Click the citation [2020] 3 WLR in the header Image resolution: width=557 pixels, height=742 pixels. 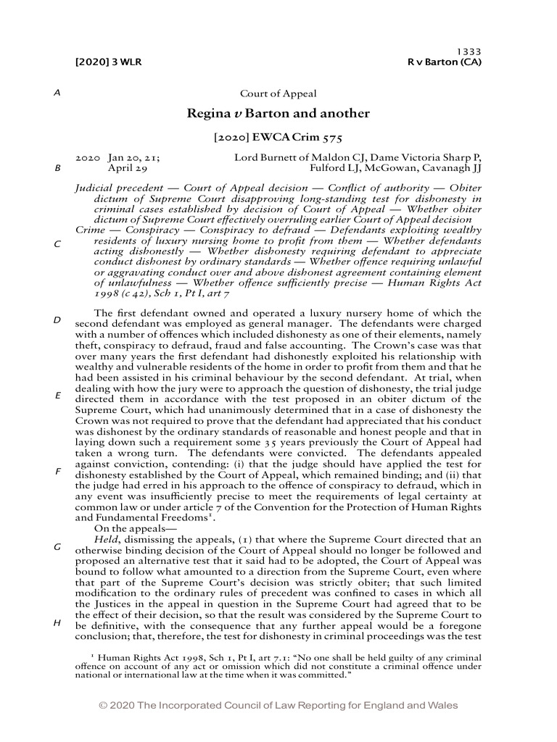click(x=108, y=62)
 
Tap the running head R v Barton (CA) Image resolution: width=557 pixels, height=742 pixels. click(x=445, y=62)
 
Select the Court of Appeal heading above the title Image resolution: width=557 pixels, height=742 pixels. click(x=278, y=93)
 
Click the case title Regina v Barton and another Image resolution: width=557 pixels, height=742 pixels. click(x=278, y=114)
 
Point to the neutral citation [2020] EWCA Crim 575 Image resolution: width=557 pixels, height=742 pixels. click(x=278, y=136)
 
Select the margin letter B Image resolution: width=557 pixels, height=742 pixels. click(x=57, y=168)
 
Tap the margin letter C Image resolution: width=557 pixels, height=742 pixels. click(x=57, y=244)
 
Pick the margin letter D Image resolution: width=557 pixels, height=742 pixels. click(x=57, y=320)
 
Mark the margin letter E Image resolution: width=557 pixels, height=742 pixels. click(x=57, y=396)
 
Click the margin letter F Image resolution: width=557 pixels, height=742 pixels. click(x=57, y=471)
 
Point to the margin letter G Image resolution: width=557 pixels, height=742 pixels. click(x=57, y=547)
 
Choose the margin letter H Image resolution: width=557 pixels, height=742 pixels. click(x=57, y=622)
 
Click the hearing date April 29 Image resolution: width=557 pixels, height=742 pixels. click(x=128, y=167)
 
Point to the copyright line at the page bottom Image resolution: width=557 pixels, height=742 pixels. click(x=278, y=706)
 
